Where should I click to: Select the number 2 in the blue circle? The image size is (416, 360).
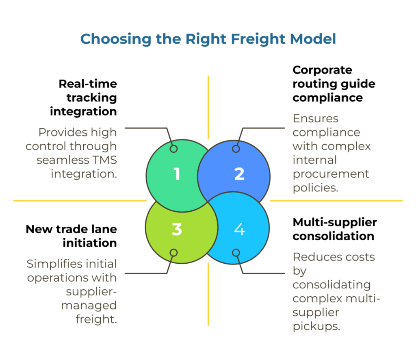[239, 174]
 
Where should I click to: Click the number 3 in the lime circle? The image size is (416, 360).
[177, 230]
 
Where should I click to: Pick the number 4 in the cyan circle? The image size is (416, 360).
[239, 230]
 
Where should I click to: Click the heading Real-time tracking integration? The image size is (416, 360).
[87, 98]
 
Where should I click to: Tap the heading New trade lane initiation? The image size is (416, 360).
[71, 236]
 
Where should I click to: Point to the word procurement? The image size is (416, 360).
[331, 174]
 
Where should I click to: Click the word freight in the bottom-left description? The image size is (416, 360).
[96, 319]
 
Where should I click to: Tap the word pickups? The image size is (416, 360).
[316, 326]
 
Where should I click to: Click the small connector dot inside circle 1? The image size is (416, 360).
[173, 149]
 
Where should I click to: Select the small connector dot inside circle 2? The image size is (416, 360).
[236, 149]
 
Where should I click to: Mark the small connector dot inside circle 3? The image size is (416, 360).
[173, 253]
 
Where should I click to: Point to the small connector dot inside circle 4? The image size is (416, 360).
[236, 253]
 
